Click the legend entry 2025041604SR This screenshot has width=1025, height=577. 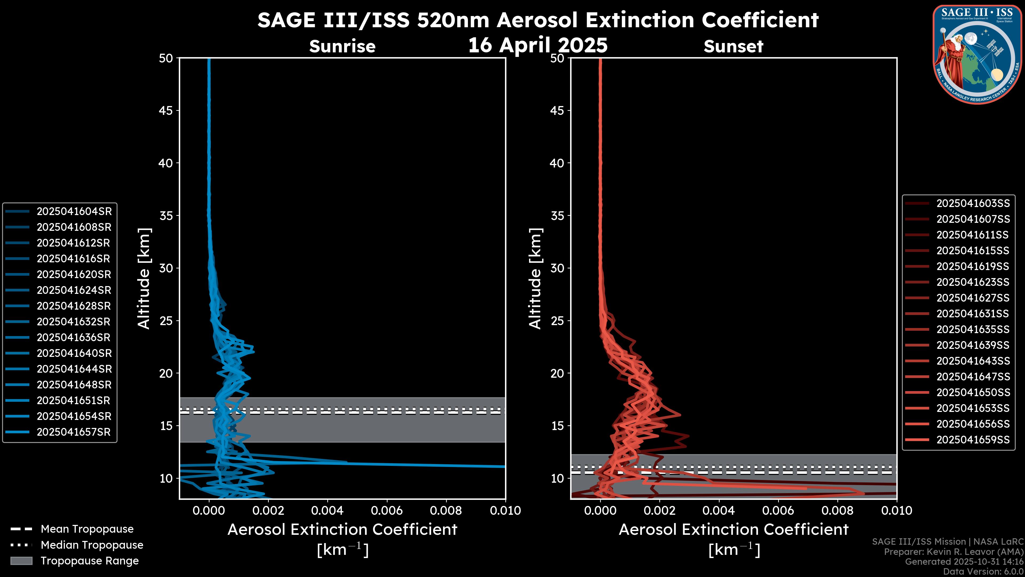74,212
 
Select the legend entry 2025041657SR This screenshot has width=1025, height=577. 74,432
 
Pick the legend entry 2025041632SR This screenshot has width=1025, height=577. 74,322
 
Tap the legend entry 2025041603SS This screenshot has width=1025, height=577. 973,204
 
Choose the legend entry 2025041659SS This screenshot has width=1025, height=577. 973,440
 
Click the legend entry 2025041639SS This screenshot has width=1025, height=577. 973,345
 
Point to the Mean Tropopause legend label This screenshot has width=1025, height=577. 87,529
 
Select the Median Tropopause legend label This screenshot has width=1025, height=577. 92,545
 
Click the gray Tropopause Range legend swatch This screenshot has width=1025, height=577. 21,561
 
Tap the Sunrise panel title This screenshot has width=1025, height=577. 342,46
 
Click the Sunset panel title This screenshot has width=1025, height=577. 733,46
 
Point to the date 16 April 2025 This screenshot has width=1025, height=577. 538,45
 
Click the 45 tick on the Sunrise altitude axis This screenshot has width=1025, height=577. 166,110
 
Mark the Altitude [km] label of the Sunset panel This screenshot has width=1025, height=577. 535,279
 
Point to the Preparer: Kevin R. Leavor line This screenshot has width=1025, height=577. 954,552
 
